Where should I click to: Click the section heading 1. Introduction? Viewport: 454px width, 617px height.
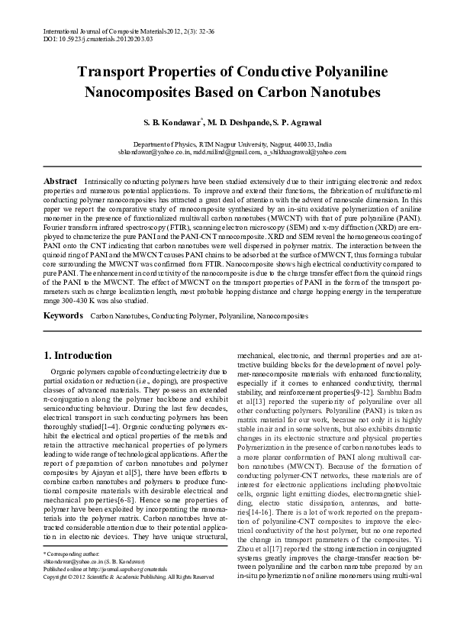[78, 355]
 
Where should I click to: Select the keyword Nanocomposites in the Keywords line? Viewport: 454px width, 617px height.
[281, 315]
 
